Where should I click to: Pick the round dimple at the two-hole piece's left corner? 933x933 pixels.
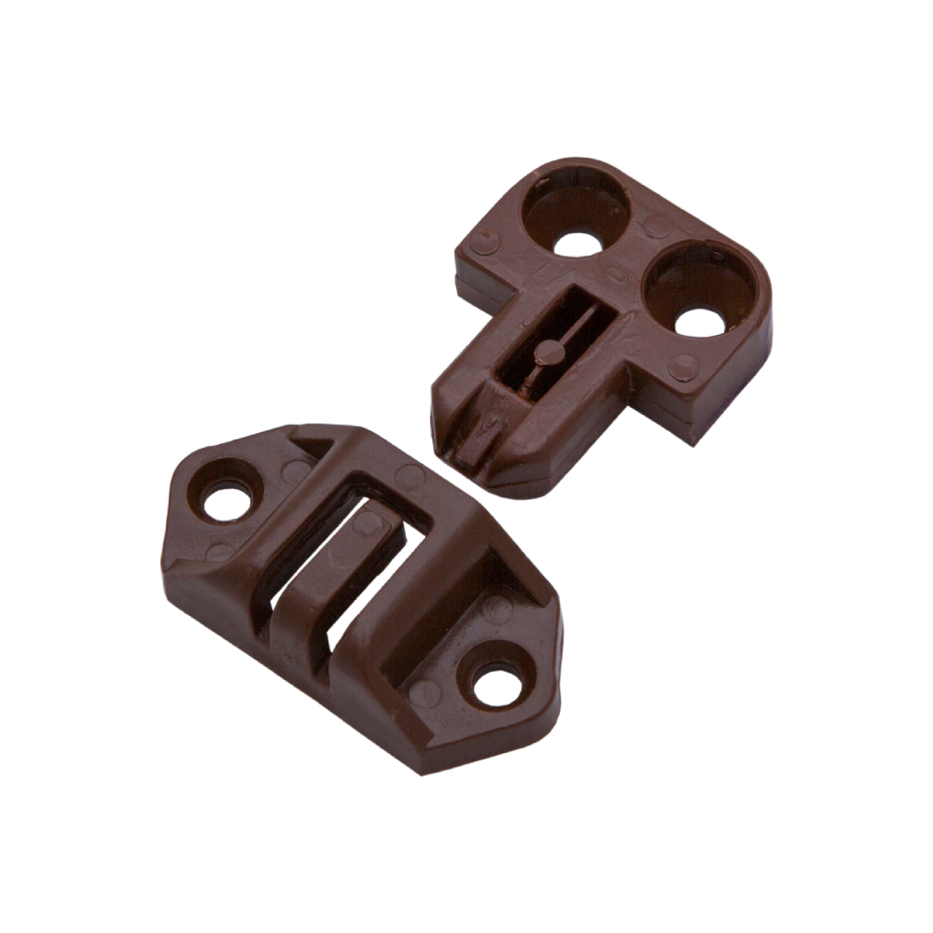pos(481,244)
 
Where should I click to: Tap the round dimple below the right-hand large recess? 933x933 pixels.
pos(683,368)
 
